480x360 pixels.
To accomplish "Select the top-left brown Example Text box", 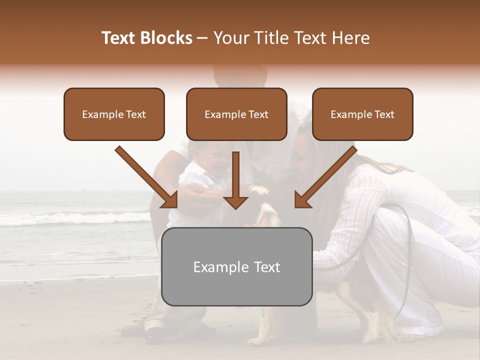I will click(x=114, y=114).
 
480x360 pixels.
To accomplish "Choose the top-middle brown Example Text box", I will click(x=236, y=114).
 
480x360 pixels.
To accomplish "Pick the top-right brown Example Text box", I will click(x=362, y=114).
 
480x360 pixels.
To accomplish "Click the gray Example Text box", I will click(x=236, y=266).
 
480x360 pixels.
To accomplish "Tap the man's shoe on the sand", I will click(x=156, y=332).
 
